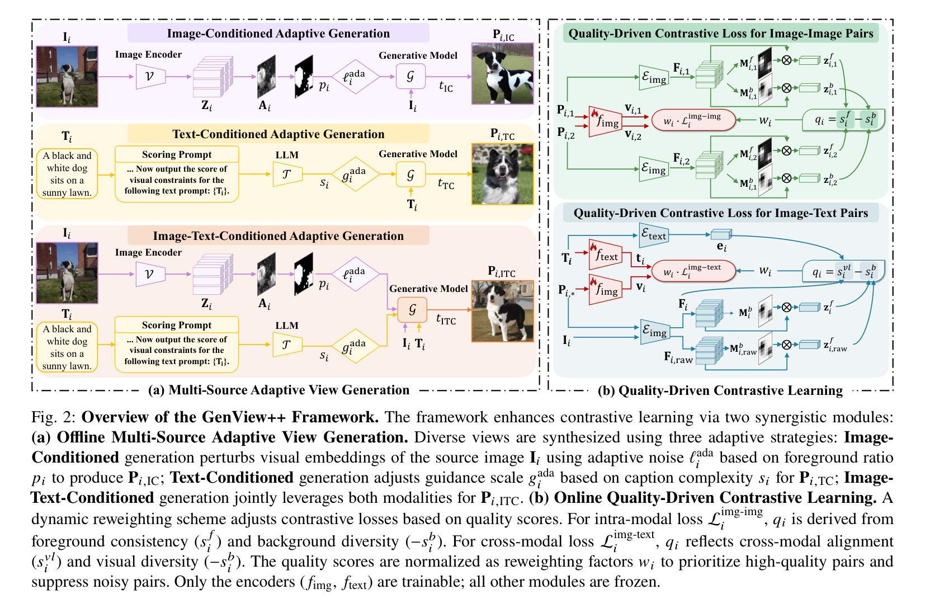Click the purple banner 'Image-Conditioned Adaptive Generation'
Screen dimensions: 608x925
pyautogui.click(x=278, y=34)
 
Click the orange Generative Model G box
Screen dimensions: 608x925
pyautogui.click(x=412, y=309)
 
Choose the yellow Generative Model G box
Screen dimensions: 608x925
pyautogui.click(x=410, y=175)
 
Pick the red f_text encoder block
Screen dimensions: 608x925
pyautogui.click(x=605, y=256)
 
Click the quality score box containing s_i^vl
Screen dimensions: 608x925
pyautogui.click(x=843, y=272)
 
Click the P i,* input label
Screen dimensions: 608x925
pyautogui.click(x=566, y=291)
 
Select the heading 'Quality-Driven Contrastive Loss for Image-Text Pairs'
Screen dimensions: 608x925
pyautogui.click(x=721, y=213)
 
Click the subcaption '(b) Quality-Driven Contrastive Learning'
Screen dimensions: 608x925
pyautogui.click(x=720, y=390)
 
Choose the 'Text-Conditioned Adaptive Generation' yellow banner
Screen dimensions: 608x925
pyautogui.click(x=278, y=134)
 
